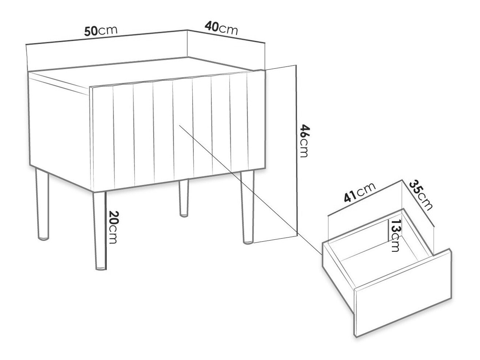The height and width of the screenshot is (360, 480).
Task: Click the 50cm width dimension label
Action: click(x=101, y=31)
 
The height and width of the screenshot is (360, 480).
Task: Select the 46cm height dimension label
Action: click(x=303, y=141)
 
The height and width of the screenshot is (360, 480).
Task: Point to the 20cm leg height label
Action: click(x=114, y=227)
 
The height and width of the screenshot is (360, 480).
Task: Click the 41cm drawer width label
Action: click(x=359, y=193)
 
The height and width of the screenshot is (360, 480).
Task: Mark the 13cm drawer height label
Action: click(x=395, y=235)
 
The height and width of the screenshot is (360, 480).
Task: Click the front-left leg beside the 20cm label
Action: click(x=100, y=231)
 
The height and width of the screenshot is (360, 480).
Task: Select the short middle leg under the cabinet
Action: click(x=184, y=198)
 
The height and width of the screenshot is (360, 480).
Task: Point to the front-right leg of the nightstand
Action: click(x=247, y=207)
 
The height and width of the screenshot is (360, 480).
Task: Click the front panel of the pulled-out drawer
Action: click(x=403, y=293)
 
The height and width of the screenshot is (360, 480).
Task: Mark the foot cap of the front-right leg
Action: click(x=248, y=242)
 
